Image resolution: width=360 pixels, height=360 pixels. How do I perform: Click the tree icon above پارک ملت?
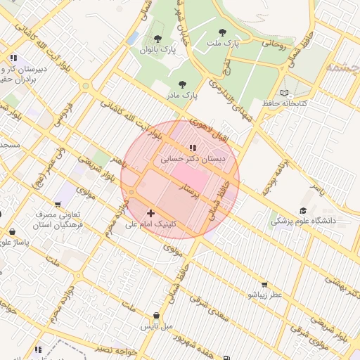click(x=223, y=32)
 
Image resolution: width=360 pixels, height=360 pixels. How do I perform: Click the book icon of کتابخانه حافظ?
click(x=284, y=93)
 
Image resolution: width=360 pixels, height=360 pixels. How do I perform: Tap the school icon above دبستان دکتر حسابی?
click(x=192, y=148)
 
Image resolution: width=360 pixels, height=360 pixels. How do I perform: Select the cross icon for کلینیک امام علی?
click(x=150, y=212)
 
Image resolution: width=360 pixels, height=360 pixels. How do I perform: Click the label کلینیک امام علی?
click(x=152, y=224)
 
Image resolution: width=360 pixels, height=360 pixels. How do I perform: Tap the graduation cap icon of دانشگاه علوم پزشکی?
click(x=303, y=210)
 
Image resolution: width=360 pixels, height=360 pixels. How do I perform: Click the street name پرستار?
click(x=192, y=190)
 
